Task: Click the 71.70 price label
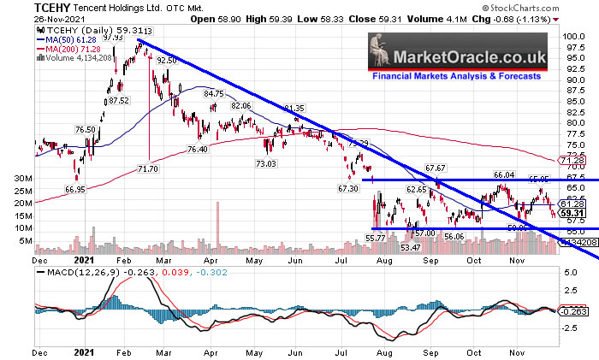point(149,170)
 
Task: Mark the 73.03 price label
point(268,163)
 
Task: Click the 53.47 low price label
point(410,247)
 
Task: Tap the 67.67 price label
point(436,168)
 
